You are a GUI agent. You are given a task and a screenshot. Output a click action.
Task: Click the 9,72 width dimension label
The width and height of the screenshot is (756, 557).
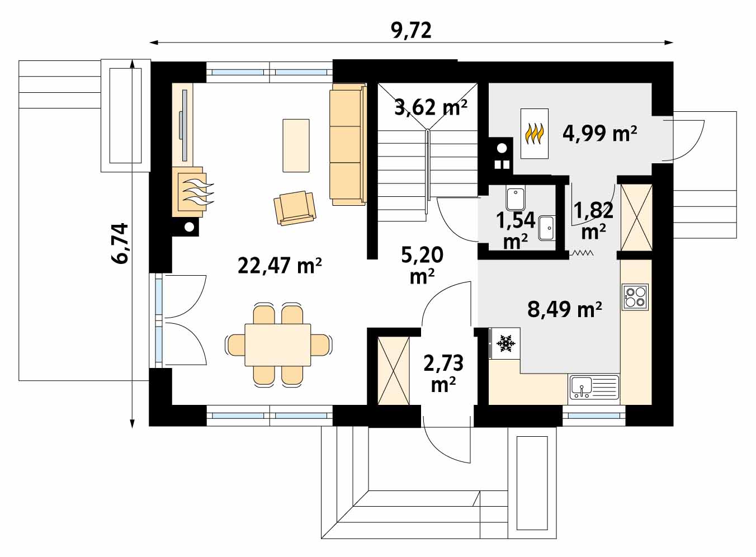[412, 31]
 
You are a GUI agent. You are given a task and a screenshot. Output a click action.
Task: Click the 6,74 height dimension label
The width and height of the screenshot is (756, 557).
[120, 244]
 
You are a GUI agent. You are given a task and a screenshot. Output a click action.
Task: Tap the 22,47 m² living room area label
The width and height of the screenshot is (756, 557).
[280, 266]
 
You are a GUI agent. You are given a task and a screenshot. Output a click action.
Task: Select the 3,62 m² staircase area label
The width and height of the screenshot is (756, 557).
[431, 108]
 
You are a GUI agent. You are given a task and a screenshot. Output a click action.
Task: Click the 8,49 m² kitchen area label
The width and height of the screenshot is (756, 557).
[565, 310]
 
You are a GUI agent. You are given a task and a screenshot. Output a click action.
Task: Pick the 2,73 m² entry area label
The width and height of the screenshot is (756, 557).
[443, 374]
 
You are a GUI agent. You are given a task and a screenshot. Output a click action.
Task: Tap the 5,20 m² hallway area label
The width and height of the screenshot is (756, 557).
[422, 265]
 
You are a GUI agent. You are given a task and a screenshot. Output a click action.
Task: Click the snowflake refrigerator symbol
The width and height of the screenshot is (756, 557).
[506, 344]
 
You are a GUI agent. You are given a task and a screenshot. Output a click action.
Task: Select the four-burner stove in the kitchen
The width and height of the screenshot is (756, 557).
[635, 297]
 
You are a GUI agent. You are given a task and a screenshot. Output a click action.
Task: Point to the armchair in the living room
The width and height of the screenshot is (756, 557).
[295, 208]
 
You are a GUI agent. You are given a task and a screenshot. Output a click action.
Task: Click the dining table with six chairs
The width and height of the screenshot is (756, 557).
[278, 344]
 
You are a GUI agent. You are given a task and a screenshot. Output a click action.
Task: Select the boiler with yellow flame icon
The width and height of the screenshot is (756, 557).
[534, 134]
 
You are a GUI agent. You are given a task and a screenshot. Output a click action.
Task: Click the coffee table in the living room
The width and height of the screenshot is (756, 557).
[296, 145]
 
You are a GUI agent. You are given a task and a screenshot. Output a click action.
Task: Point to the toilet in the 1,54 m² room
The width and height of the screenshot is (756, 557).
[516, 199]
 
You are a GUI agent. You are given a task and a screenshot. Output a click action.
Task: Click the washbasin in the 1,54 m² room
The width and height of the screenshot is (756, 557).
[547, 228]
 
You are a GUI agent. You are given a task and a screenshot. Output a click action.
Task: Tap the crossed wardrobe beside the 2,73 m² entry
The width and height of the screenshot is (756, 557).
[394, 371]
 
